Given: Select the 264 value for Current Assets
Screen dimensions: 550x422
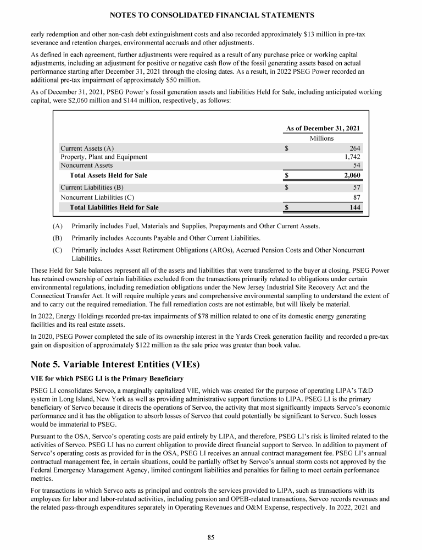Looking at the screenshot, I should pos(355,148).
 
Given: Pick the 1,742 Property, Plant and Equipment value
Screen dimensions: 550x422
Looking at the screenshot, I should pos(351,157).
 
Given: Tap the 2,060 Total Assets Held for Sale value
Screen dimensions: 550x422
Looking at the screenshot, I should pos(351,175).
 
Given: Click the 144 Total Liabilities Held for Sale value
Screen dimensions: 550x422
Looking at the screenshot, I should pos(354,207).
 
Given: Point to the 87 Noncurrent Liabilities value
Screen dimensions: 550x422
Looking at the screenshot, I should pos(357,197).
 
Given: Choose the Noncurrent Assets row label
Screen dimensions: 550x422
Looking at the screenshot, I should pos(86,165).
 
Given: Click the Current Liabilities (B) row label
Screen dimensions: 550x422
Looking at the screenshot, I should pos(92,188).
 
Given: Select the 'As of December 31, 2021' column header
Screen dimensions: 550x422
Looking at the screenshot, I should pos(323,128).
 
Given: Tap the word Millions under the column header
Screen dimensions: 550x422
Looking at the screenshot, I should pos(321,138).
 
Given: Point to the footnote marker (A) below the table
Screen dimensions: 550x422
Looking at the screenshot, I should pos(58,227).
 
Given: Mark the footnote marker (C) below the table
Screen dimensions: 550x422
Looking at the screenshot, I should pos(58,250).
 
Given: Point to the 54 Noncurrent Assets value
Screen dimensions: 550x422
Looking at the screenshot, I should pos(357,165).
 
